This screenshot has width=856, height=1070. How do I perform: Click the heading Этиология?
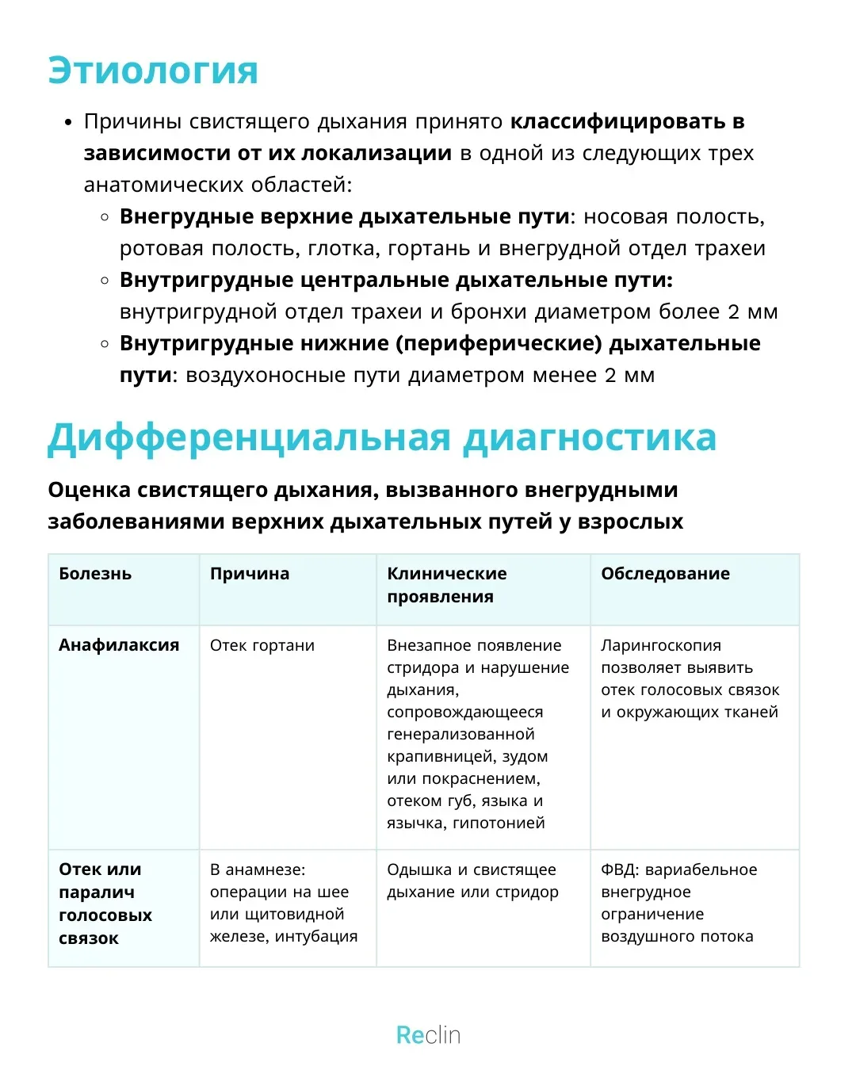click(x=153, y=71)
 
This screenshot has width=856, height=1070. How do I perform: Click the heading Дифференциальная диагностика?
click(x=382, y=438)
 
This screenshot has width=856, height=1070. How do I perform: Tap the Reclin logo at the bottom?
click(x=428, y=1034)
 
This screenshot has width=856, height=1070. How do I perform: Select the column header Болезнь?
click(x=95, y=574)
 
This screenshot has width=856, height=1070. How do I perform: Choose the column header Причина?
click(x=250, y=574)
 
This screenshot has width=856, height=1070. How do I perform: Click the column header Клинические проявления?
click(x=447, y=585)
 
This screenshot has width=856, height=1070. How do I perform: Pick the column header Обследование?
click(x=665, y=574)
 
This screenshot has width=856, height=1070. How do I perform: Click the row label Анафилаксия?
click(x=119, y=645)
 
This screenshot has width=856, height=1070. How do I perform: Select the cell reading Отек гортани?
click(x=262, y=646)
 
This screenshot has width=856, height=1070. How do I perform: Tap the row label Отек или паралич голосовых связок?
click(x=105, y=904)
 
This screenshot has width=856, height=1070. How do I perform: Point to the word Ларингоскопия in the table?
click(x=661, y=646)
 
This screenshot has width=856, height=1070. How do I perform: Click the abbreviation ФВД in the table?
click(x=618, y=869)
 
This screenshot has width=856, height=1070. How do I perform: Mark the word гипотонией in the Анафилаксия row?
click(x=499, y=824)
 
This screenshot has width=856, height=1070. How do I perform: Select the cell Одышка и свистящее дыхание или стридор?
click(x=472, y=881)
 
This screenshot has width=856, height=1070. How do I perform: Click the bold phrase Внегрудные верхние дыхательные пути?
click(x=345, y=216)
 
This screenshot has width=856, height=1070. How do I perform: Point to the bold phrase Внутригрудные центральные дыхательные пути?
click(x=396, y=280)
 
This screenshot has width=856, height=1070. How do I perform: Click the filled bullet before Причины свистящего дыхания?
click(x=68, y=122)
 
